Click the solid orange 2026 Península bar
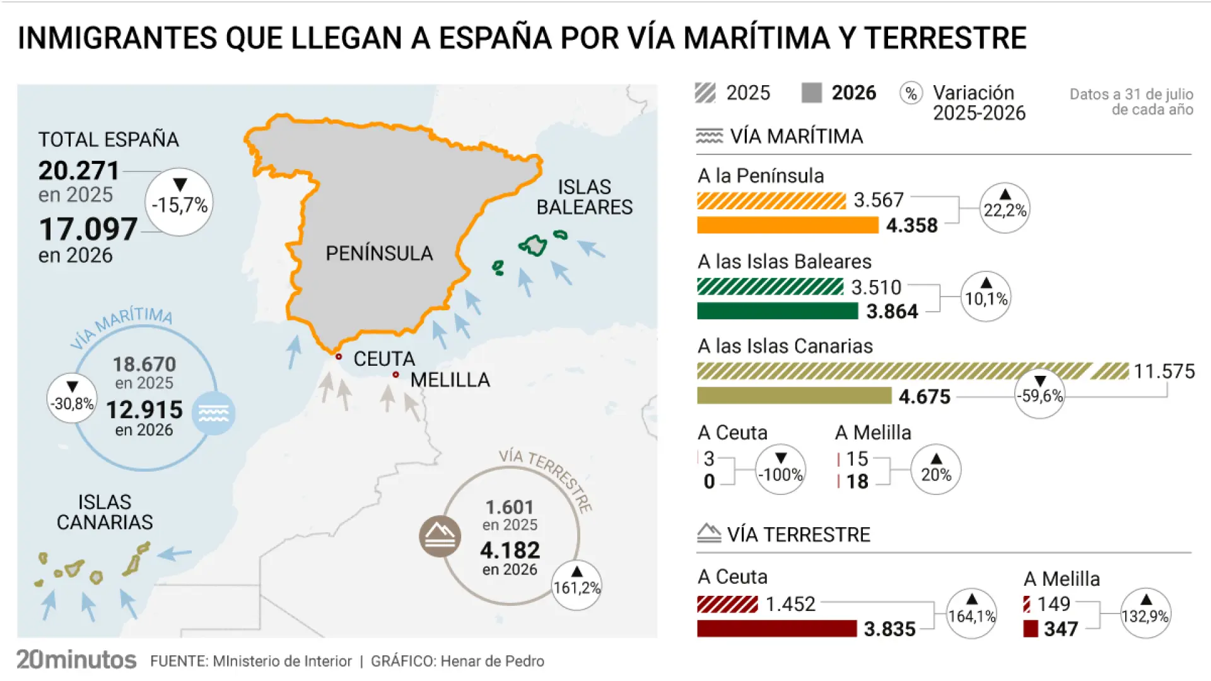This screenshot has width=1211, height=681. pos(788,225)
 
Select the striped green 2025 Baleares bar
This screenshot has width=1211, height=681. pos(770,287)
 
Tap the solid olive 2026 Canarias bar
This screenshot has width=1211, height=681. pos(794,395)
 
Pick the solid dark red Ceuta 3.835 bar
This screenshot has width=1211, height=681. pos(777,628)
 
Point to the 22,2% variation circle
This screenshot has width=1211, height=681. pos(1005,208)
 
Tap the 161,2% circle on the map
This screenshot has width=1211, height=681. pos(576,585)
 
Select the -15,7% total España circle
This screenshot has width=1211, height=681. pos(180,202)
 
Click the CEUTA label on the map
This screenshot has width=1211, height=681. pos(384,359)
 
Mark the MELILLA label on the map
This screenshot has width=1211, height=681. pos(450,380)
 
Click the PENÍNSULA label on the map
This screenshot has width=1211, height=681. pos(379,253)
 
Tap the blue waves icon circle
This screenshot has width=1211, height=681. pos(214,413)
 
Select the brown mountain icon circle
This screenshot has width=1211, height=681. pos(440,537)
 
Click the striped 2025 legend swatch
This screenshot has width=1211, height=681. pos(705,93)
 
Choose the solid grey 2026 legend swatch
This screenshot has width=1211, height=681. pos(812,93)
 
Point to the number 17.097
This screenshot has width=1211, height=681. pos(88,229)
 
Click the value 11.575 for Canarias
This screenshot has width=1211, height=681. pos(1164,371)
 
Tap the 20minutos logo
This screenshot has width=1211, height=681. pos(76,660)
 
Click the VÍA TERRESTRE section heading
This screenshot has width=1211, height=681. pos(799,535)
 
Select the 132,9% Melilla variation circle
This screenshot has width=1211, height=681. pos(1146,614)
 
